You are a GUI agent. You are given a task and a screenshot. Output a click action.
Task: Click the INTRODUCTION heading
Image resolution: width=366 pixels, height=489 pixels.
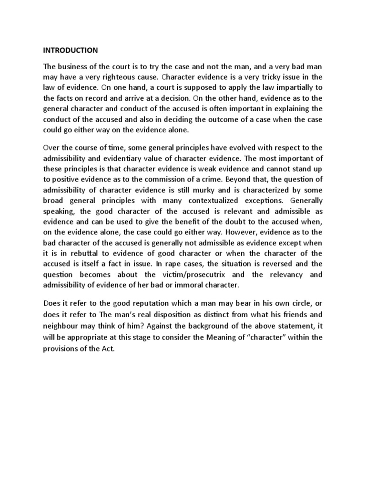pyautogui.click(x=71, y=50)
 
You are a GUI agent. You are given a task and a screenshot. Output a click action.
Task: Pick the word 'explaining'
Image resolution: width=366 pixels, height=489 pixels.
pyautogui.click(x=292, y=108)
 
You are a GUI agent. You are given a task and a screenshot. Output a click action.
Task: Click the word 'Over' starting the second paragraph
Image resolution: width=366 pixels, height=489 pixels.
pyautogui.click(x=52, y=146)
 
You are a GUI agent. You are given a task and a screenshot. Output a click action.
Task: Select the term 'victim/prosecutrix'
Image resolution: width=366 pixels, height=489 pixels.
pyautogui.click(x=197, y=275)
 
